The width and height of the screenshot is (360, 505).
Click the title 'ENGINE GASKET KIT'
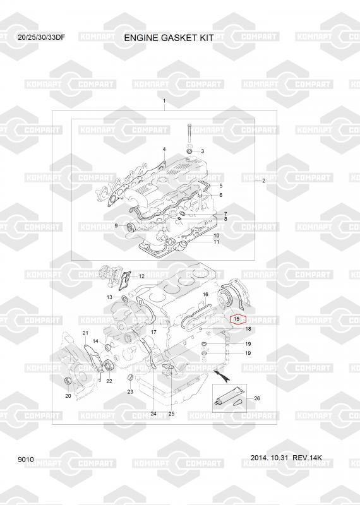169,38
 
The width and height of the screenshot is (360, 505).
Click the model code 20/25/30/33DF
42,37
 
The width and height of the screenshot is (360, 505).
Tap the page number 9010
26,460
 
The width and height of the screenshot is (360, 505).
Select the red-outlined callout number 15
237,319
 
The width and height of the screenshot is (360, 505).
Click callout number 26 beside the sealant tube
257,398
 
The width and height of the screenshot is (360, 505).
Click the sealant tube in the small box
227,397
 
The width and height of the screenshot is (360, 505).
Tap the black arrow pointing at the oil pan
221,375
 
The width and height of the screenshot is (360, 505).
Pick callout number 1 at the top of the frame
164,101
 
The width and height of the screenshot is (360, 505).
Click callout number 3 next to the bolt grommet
202,151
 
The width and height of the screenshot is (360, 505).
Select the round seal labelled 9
131,227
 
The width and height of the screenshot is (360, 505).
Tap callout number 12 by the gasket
141,276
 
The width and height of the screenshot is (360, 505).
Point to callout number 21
85,333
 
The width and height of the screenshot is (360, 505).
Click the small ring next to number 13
124,299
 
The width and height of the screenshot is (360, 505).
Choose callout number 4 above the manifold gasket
164,149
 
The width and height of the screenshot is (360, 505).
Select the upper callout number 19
248,343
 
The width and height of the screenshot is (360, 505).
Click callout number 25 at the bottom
171,413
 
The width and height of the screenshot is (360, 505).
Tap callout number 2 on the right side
263,181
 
